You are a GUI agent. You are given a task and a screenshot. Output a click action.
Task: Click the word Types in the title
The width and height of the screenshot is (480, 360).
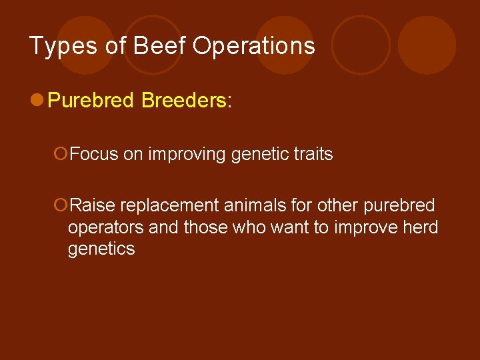pos(57,47)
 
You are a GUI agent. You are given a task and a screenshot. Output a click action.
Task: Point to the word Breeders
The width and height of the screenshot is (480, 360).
pos(183,101)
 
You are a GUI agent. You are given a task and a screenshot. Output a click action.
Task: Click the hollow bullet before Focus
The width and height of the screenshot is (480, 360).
pos(61,155)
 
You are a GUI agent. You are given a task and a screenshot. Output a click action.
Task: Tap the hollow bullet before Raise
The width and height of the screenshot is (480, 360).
pos(61,205)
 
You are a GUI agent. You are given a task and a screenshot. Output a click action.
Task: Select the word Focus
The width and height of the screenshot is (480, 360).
pos(93,155)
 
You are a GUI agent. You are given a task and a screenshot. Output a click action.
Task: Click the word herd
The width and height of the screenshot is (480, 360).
pos(420,227)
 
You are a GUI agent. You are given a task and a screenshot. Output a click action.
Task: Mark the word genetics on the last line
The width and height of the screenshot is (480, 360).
pos(101,249)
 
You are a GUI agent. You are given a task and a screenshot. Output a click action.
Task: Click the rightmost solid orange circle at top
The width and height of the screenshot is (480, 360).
pos(427,45)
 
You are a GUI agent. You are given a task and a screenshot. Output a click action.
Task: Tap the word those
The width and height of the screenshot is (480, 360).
pos(205,227)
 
